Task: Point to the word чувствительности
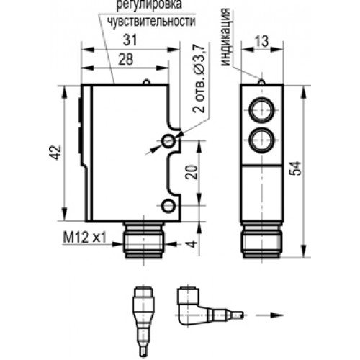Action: (151, 22)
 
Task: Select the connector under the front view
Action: (263, 240)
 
